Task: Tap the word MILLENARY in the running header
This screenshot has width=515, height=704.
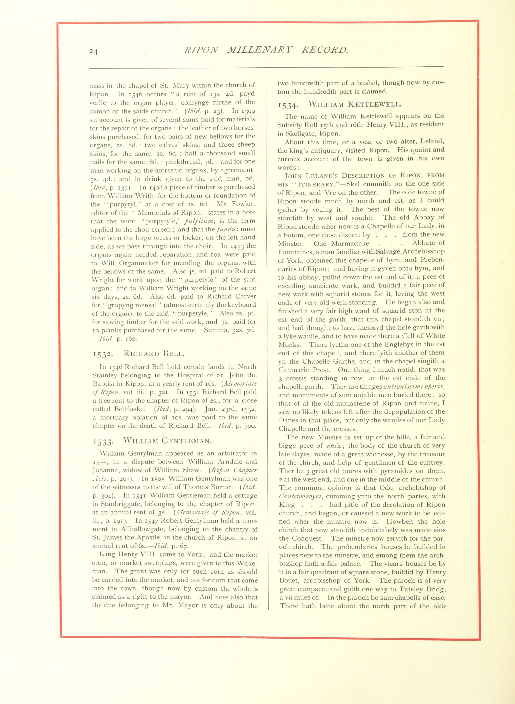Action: click(260, 50)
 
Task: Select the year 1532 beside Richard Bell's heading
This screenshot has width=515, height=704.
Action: click(103, 354)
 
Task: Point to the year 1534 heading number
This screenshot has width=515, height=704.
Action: click(288, 105)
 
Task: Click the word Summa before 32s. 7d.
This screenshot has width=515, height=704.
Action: click(215, 330)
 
